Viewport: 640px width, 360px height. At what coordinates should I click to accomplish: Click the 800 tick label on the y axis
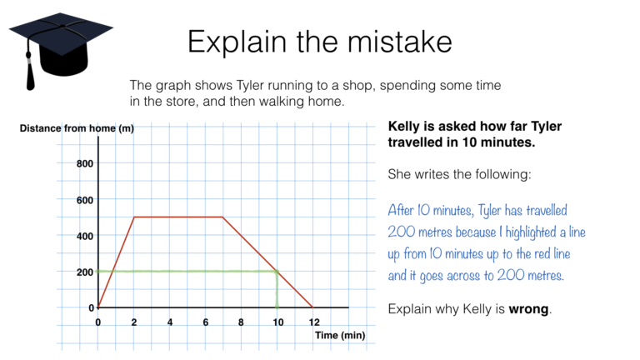tap(84, 164)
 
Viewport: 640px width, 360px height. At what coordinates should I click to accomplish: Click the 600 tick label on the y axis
tap(84, 200)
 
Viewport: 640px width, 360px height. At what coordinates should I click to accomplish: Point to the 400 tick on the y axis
tap(84, 236)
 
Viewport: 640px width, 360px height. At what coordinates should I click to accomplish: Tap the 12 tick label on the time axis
tap(312, 322)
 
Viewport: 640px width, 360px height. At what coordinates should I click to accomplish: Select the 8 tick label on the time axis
tap(241, 322)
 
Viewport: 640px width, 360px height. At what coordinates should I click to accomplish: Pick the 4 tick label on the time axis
tap(169, 322)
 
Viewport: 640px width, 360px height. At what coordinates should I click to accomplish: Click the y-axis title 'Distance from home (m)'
tap(76, 128)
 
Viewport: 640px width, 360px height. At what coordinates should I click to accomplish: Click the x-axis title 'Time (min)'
tap(339, 335)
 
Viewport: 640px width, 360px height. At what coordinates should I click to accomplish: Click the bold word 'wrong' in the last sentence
tap(528, 309)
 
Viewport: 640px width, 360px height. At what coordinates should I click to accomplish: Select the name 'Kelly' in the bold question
tap(408, 127)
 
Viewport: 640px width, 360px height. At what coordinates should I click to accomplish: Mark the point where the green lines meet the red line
tap(277, 271)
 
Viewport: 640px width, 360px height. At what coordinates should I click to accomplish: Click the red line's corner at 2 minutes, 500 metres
tap(134, 217)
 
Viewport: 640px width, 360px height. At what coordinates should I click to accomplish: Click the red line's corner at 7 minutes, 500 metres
tap(223, 217)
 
